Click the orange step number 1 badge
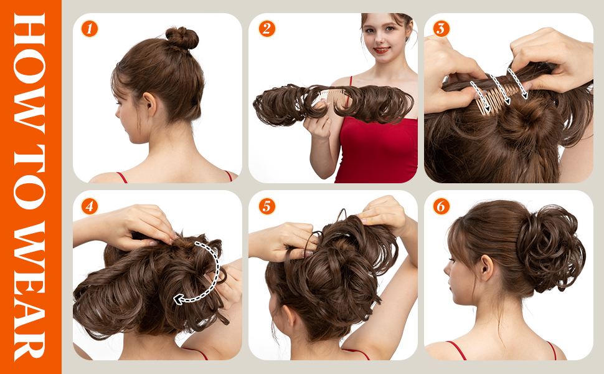[90, 29]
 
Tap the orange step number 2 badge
[267, 29]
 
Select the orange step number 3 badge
[441, 29]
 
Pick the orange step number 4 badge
[90, 206]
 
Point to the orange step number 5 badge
[267, 206]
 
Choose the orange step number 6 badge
[441, 206]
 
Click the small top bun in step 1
[181, 38]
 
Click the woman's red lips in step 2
[381, 50]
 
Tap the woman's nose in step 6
[446, 269]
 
